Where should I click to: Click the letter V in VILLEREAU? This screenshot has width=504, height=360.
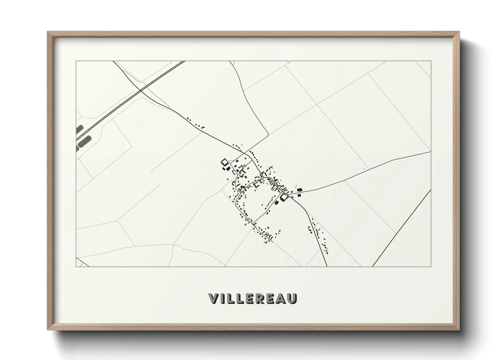pyautogui.click(x=212, y=298)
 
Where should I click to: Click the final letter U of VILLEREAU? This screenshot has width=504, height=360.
pyautogui.click(x=293, y=298)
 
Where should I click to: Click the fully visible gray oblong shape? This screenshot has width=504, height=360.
pyautogui.click(x=85, y=141)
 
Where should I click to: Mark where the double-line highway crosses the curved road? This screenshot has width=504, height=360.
pyautogui.click(x=140, y=90)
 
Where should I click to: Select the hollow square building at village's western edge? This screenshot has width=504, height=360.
pyautogui.click(x=224, y=162)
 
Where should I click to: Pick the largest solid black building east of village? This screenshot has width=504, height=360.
pyautogui.click(x=300, y=190)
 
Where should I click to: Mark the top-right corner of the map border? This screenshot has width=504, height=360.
pyautogui.click(x=431, y=61)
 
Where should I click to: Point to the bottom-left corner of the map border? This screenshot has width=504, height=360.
pyautogui.click(x=76, y=266)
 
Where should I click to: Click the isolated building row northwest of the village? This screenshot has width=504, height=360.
pyautogui.click(x=195, y=123)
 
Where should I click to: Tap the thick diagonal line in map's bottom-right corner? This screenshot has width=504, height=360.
pyautogui.click(x=402, y=228)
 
